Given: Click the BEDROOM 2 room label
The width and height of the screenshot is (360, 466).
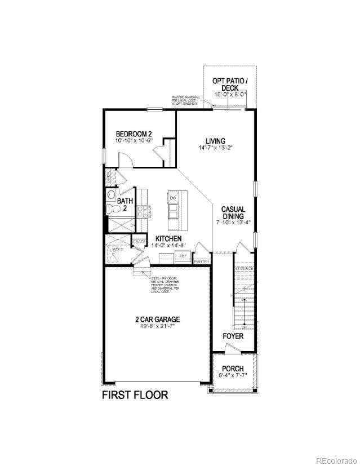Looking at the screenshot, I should (134, 134).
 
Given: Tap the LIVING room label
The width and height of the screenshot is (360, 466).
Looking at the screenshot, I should (216, 141).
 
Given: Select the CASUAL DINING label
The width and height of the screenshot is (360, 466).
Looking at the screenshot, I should (233, 212).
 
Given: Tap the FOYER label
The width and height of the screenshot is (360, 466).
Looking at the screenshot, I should (233, 336).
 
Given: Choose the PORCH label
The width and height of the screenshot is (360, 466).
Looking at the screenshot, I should (233, 369).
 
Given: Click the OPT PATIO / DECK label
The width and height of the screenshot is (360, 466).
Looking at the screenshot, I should (229, 85).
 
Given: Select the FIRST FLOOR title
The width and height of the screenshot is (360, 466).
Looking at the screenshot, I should (135, 395).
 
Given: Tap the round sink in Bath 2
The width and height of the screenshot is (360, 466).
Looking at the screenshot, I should (110, 196).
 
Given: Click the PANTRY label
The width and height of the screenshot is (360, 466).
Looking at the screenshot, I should (201, 261).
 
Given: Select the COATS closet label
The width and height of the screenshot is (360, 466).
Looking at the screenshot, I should (139, 242).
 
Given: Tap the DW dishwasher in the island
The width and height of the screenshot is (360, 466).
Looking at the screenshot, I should (174, 198).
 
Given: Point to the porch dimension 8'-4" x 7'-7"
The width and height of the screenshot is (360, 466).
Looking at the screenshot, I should (233, 376).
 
